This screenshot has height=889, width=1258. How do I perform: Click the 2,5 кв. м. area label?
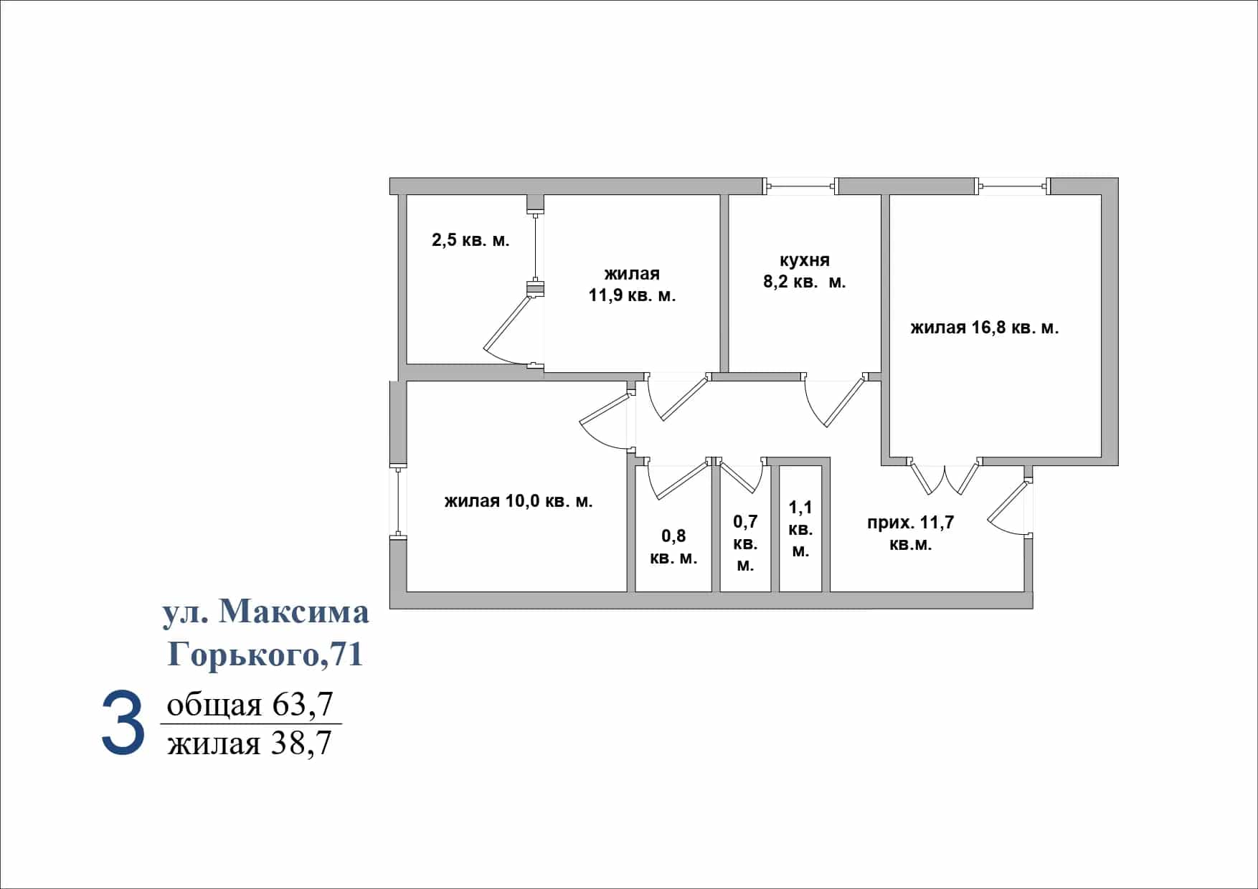point(470,240)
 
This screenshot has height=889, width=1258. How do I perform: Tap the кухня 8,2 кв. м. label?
point(805,271)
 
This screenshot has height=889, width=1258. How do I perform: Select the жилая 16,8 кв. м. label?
point(985,328)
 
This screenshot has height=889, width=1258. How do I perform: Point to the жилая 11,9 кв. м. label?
point(632,284)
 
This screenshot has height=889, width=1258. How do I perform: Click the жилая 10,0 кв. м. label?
point(519,501)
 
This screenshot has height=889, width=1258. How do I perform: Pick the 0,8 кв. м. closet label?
point(673,547)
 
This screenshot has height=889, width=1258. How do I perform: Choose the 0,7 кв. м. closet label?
point(745,543)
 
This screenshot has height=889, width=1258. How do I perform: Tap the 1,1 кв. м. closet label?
point(800,529)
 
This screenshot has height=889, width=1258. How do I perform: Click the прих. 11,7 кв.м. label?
point(911,533)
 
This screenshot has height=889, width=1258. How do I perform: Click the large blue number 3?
point(123,724)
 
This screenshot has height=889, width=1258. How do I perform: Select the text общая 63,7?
point(250,704)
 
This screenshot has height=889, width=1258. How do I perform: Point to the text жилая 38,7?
point(250,743)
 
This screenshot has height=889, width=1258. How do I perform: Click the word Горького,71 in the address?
point(265,654)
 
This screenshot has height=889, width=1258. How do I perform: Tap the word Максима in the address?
point(294,612)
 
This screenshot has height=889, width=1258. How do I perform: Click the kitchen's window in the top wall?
point(800,186)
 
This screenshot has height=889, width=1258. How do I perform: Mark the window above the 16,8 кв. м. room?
point(1013,186)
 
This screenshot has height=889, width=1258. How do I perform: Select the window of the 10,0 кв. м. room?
point(398,501)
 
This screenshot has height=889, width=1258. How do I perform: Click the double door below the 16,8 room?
point(945,476)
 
